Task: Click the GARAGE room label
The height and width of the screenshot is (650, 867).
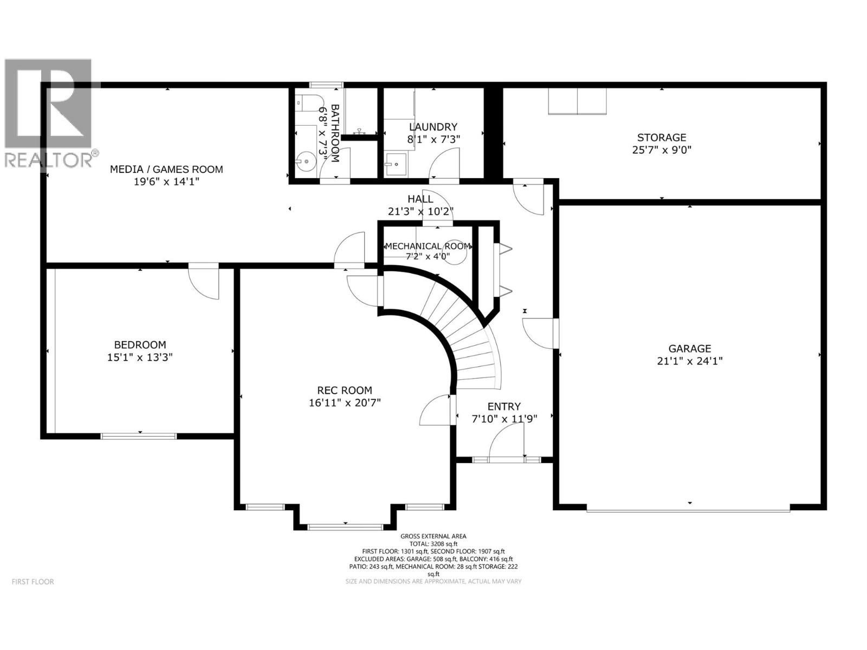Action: pos(689,349)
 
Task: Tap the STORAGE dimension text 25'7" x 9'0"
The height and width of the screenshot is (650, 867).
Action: pos(662,150)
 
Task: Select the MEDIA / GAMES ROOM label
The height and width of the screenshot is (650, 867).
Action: pos(166,170)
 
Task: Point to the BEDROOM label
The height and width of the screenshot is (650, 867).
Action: pos(140,344)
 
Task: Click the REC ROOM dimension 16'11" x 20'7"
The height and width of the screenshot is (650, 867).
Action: pos(345,403)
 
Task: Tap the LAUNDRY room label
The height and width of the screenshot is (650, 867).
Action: pos(433,127)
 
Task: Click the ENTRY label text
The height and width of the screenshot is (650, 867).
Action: pos(504,406)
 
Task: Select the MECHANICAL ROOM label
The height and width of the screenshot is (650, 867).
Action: pos(428,246)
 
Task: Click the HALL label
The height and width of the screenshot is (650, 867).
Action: pos(420,199)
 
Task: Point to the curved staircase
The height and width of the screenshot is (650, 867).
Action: pos(466,336)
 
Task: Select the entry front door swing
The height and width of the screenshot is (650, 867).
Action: pos(507,441)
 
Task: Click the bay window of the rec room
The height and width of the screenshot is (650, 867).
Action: pos(345,526)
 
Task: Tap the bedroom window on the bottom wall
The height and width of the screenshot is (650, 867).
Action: pos(139,435)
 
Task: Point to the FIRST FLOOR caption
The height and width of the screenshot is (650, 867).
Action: pos(33,582)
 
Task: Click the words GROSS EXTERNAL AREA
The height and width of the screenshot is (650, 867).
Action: pos(433,536)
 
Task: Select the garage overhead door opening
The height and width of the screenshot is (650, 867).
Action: pos(688,509)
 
